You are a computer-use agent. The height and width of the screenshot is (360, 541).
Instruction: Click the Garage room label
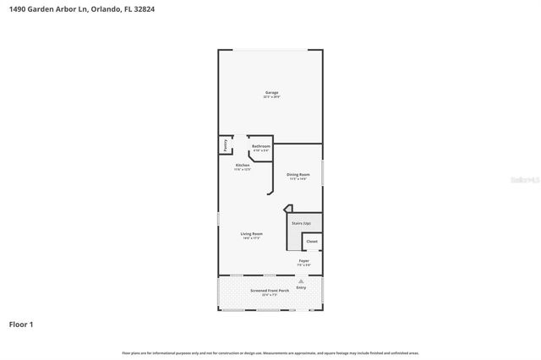tap(271, 92)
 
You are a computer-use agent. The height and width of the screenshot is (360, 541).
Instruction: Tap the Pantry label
tap(225, 145)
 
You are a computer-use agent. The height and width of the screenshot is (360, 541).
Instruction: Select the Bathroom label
tap(260, 146)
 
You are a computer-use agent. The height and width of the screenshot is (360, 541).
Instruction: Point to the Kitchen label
tap(243, 165)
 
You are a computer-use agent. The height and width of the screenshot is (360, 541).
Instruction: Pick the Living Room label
tap(252, 233)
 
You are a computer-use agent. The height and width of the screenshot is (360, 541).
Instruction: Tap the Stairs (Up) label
tap(301, 223)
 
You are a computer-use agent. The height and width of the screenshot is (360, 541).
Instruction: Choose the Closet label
tap(312, 241)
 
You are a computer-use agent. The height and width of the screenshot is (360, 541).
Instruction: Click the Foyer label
tap(303, 261)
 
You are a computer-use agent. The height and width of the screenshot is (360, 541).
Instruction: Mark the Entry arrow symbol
tap(301, 281)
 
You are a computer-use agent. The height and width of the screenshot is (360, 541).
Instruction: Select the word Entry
tap(301, 287)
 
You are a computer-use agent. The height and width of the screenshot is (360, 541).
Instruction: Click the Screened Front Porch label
tap(270, 291)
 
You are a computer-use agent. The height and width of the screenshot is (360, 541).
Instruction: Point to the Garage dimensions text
tap(271, 97)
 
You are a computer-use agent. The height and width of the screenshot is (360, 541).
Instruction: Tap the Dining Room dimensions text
tap(298, 179)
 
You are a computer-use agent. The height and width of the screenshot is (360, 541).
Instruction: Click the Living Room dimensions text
tap(252, 238)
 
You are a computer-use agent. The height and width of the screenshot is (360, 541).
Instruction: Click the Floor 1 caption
tap(21, 324)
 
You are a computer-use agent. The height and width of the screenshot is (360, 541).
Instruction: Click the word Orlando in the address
tap(100, 8)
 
